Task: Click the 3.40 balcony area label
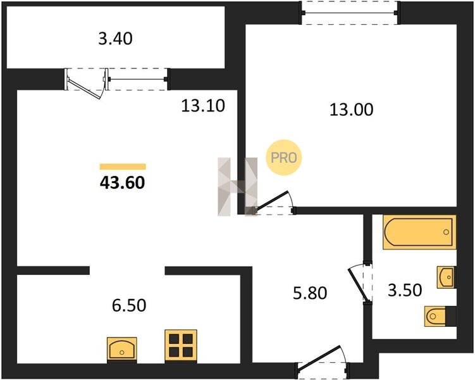tap(115, 39)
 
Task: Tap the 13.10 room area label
tap(203, 106)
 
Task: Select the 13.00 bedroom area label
tap(352, 110)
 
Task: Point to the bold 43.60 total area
tap(122, 183)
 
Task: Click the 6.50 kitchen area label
tap(129, 305)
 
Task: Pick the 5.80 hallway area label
tap(310, 293)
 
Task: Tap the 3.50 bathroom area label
tap(405, 290)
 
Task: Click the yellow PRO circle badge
tap(284, 158)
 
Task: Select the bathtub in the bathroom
tap(419, 232)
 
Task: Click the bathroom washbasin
tap(446, 277)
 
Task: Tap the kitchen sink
tap(122, 350)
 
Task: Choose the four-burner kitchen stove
tap(181, 346)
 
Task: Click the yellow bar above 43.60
tap(123, 167)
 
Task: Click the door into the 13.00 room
tap(273, 201)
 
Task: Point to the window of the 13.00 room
tap(350, 13)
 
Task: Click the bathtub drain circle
tap(446, 232)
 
